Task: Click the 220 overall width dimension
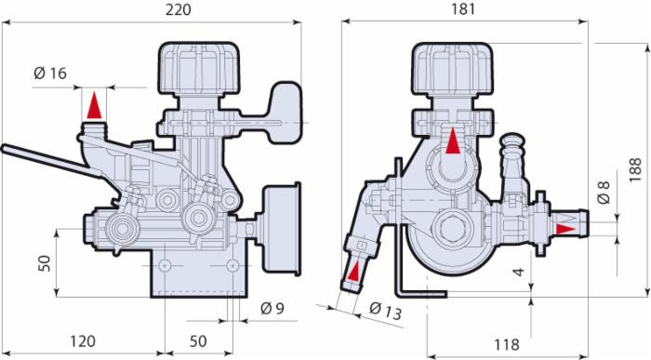(x=179, y=9)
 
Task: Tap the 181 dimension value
(x=463, y=9)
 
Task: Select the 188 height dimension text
(x=635, y=169)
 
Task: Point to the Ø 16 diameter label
(x=50, y=73)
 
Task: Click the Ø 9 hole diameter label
(x=272, y=309)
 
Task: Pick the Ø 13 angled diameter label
(x=386, y=311)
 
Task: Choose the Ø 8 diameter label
(x=604, y=193)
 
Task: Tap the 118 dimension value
(x=507, y=344)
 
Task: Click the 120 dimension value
(x=83, y=341)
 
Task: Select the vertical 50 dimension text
(x=45, y=263)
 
